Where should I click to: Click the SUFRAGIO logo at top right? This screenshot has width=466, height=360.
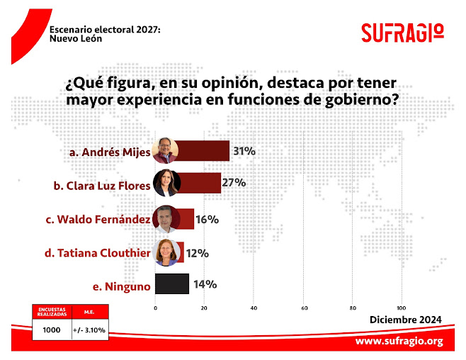402,33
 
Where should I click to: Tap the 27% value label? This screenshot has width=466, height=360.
234,183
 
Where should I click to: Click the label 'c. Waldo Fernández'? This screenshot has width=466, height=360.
98,220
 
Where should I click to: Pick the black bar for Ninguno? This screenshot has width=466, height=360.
171,284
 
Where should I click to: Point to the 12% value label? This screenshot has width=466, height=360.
198,252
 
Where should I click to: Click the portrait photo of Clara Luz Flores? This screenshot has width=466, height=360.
167,184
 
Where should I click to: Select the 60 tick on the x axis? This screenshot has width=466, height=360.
304,308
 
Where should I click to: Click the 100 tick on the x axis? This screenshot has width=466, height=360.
402,308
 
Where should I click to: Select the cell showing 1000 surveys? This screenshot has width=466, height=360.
52,330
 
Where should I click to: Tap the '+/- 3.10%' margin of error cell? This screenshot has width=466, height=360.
89,330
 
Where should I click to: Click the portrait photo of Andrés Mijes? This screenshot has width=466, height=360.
166,151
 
